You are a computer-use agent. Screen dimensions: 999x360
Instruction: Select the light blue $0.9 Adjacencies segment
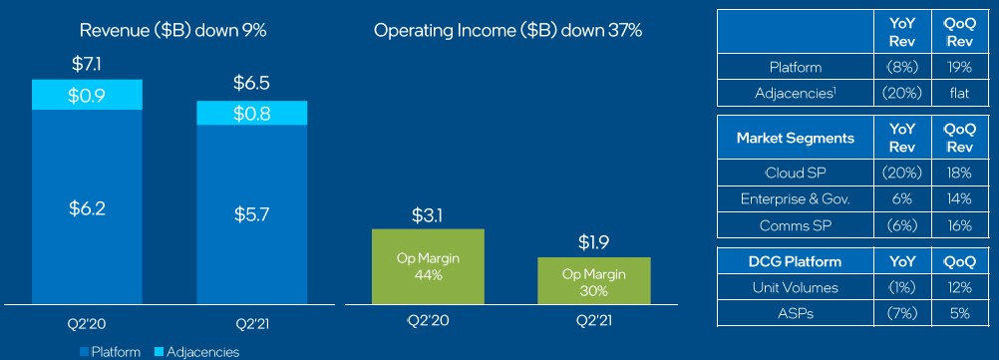[88, 95]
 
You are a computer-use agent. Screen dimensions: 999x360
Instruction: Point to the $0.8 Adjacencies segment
[252, 113]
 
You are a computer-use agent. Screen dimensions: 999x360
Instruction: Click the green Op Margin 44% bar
[428, 266]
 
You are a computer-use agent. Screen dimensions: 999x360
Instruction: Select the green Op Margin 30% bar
[594, 280]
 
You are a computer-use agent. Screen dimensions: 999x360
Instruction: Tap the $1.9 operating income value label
[594, 242]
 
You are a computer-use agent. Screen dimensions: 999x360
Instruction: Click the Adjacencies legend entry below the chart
[196, 352]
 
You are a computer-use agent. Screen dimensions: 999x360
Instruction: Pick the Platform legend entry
[110, 352]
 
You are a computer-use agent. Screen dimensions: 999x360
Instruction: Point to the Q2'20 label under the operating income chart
[428, 320]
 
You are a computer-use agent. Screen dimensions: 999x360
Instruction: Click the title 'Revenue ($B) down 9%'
[172, 30]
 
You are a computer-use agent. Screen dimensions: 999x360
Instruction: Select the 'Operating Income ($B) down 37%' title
[507, 30]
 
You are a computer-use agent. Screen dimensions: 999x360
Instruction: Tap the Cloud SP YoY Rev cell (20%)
[902, 173]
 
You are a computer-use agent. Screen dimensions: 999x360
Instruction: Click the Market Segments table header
[796, 138]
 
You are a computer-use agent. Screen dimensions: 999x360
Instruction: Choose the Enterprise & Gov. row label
[796, 198]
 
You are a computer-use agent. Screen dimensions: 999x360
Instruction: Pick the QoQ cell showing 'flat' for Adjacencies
[957, 93]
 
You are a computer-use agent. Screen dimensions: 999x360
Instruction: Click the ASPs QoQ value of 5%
[957, 313]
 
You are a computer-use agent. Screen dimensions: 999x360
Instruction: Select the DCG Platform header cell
[796, 261]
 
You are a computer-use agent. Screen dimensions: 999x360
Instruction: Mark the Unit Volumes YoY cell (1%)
[902, 287]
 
